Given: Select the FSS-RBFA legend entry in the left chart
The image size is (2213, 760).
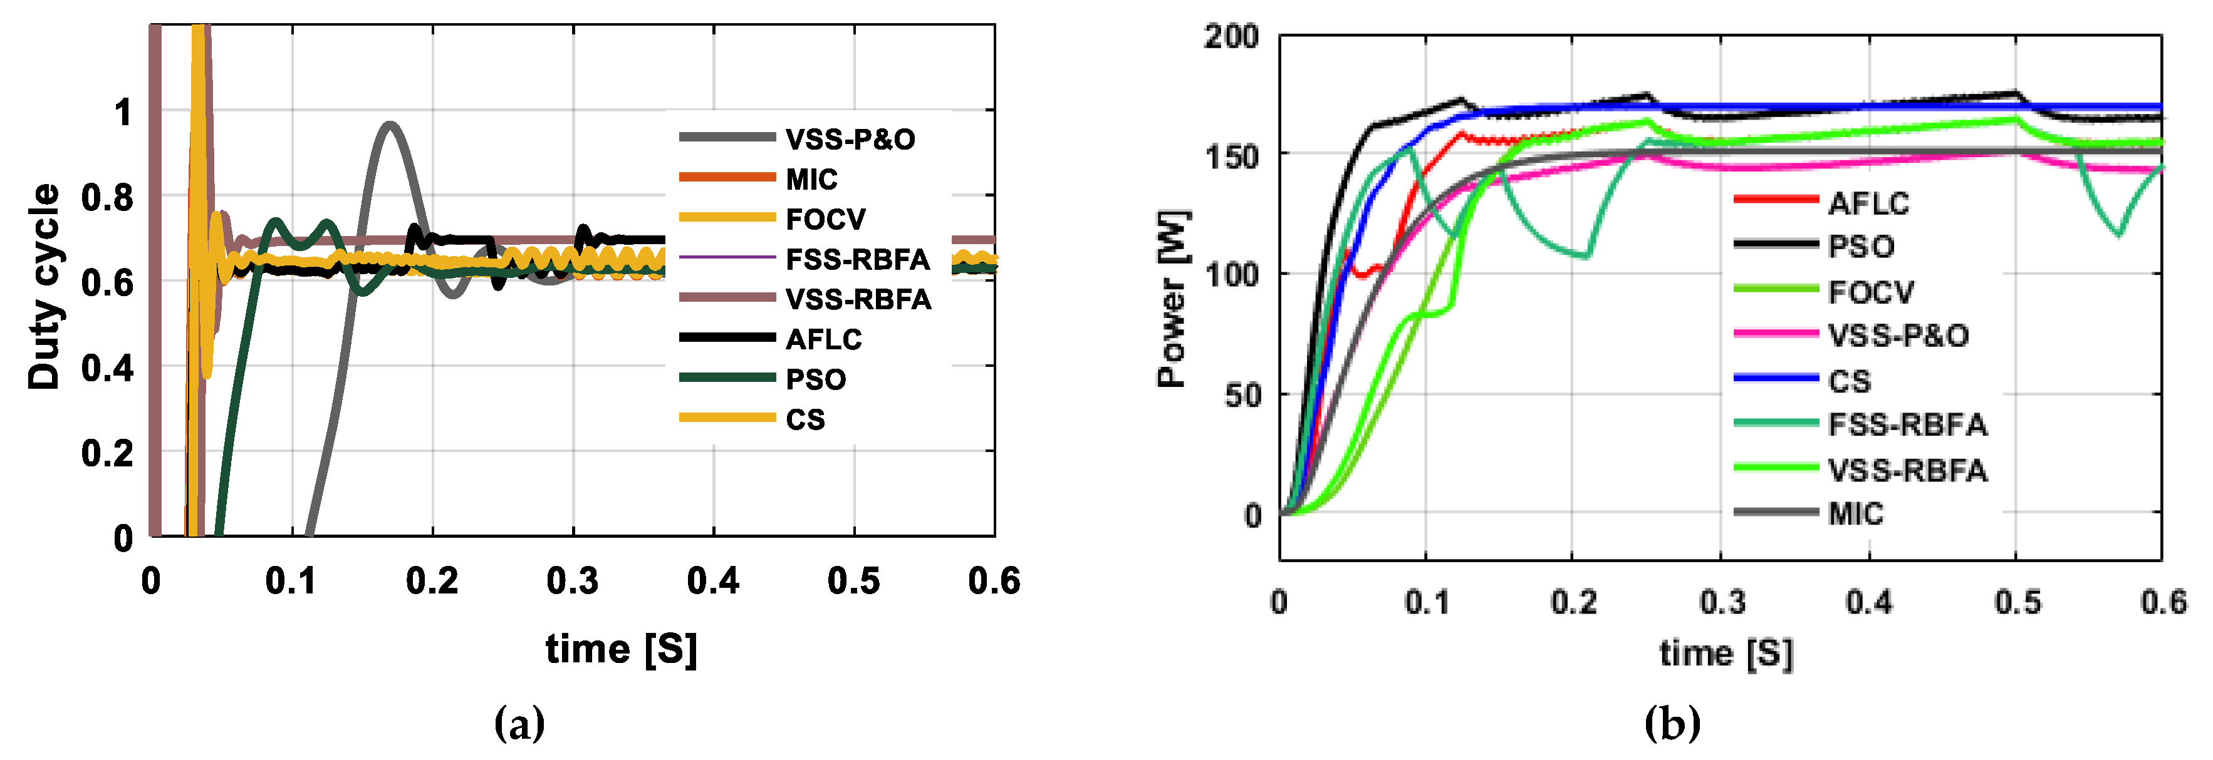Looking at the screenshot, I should coord(857,259).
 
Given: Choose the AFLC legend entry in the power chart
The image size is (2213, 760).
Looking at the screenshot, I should coord(1868,203).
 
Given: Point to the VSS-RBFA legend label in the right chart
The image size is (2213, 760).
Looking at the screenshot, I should coord(1907,470).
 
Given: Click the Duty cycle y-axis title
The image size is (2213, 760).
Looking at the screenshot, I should coord(44,286).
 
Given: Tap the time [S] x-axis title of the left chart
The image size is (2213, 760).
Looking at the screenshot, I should coord(620,649).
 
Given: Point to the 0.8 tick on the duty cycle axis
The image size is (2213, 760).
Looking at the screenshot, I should coord(107,198).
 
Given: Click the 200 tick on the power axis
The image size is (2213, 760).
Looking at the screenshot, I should coord(1230,37).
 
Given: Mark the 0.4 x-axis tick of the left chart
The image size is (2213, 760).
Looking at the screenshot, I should coord(712,582).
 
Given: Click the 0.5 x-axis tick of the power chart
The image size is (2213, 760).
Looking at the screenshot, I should coord(2016,602).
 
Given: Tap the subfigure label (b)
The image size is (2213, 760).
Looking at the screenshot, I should coord(1671,723).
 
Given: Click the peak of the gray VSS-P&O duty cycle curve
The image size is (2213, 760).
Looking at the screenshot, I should coord(391,125).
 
